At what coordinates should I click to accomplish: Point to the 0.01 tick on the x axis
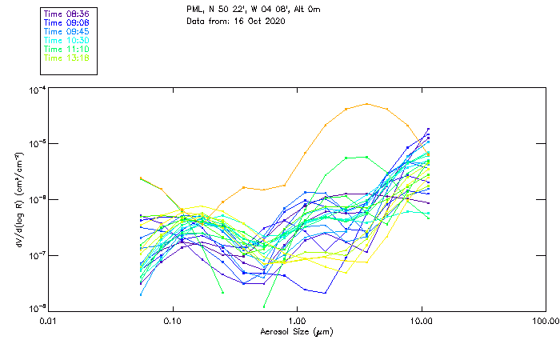coord(48,320)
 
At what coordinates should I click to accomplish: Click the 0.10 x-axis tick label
coord(172,320)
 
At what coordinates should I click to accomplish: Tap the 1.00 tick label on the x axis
coord(297,320)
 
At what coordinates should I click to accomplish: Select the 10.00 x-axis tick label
coord(421,320)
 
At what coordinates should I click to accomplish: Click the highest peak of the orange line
coord(367,104)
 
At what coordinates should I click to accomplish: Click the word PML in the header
coord(194,9)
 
